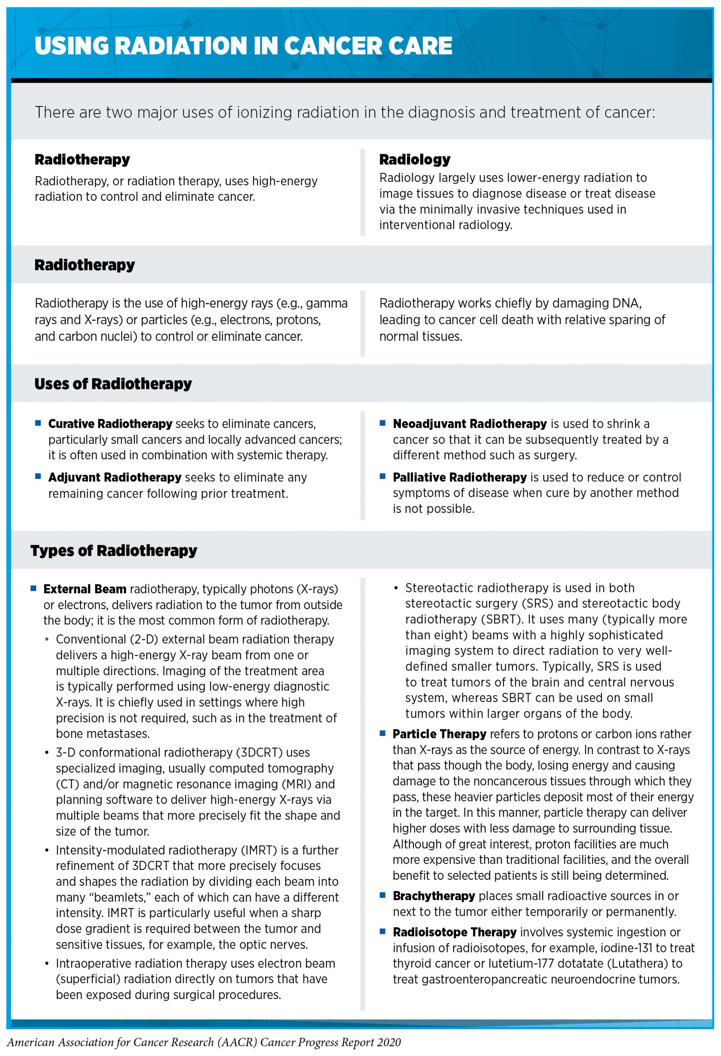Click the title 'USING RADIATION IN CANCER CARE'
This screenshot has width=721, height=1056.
tap(243, 46)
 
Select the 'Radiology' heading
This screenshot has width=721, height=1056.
tap(415, 160)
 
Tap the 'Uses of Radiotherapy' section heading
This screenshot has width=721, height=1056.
tap(113, 384)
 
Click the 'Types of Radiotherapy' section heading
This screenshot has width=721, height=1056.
tap(113, 550)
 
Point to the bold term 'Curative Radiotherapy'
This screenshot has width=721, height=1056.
tap(110, 424)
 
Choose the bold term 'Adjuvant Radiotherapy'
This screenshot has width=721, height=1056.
tap(115, 477)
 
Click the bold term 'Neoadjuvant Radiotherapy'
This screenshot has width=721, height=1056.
tap(469, 424)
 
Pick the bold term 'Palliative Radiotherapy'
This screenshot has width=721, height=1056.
tap(459, 477)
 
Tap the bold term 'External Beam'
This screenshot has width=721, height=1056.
tap(85, 589)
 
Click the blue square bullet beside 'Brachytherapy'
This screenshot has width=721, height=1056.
tap(382, 895)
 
